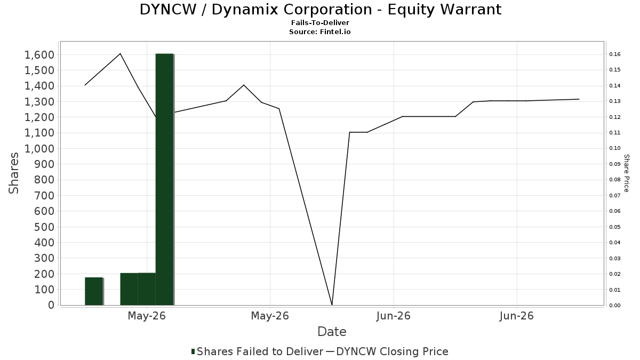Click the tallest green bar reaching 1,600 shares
point(165,179)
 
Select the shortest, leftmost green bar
point(94,291)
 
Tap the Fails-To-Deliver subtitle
point(320,23)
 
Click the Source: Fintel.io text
point(319,31)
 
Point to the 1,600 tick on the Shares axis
point(39,55)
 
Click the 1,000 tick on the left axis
point(39,149)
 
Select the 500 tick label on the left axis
point(44,227)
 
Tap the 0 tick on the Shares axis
point(51,305)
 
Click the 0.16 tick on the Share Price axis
point(614,54)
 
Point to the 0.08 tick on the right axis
point(614,180)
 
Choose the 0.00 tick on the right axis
point(614,306)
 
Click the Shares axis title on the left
point(14,173)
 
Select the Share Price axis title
point(626,173)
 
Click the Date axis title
point(332,332)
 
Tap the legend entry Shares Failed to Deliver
point(257,351)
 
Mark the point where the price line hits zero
point(332,305)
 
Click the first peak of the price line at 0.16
point(121,53)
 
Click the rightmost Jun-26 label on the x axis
point(517,316)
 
